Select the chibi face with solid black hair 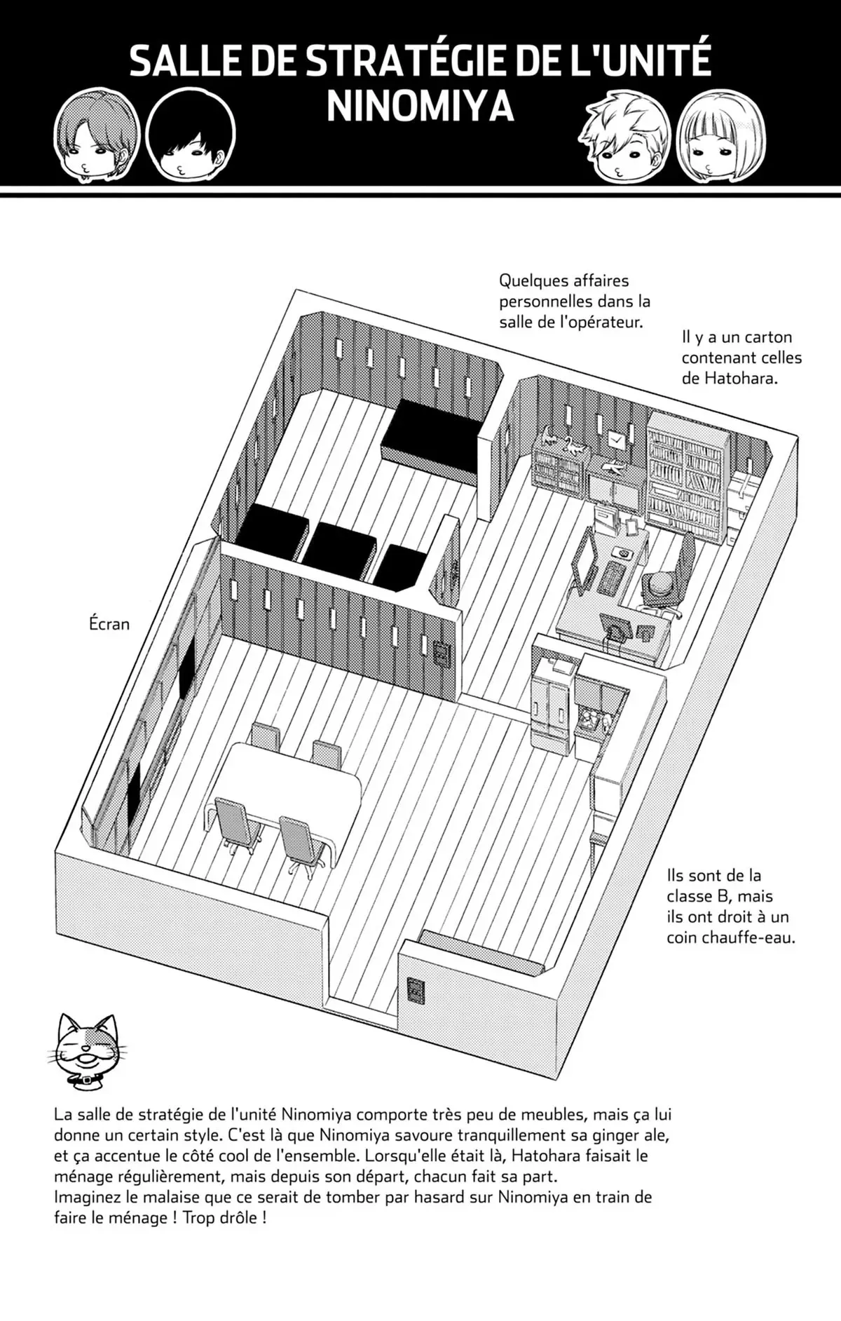(x=190, y=137)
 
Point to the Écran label (x=110, y=623)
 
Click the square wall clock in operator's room (x=616, y=440)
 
